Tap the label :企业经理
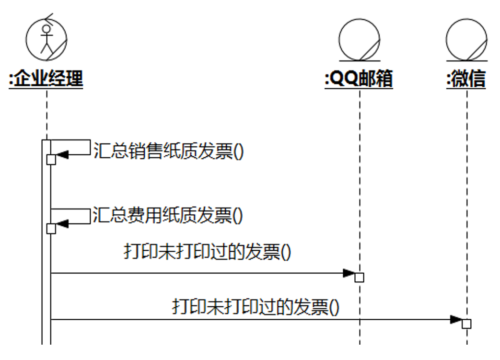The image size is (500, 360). pos(46,79)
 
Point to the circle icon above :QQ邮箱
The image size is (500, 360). pos(359,39)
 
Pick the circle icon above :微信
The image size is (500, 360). pos(466,39)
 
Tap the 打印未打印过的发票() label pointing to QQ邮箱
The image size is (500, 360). pos(208,252)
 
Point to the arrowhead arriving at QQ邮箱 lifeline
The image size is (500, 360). pos(349,273)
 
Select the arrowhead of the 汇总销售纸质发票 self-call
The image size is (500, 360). pos(63,154)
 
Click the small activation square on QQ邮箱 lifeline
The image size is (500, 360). pos(359,278)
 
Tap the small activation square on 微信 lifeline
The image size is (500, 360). pos(466,324)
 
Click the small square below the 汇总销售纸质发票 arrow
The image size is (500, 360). pos(51,159)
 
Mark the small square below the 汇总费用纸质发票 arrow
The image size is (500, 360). pos(51,228)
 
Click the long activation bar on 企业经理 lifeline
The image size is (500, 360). pos(46,288)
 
